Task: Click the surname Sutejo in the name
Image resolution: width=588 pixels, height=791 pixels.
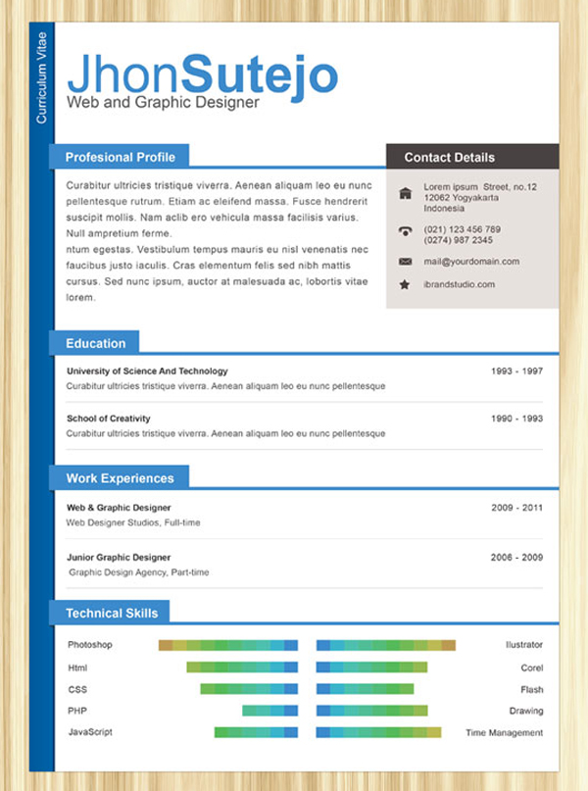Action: (260, 74)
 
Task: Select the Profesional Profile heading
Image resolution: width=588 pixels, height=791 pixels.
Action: (120, 157)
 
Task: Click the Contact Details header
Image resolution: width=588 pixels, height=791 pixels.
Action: (450, 157)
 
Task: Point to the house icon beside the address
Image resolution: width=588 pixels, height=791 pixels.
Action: (405, 193)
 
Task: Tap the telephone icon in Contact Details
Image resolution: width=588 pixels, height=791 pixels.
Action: (405, 232)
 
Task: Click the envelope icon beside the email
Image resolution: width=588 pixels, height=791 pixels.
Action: (405, 262)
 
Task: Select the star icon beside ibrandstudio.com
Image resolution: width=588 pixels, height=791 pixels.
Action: (405, 284)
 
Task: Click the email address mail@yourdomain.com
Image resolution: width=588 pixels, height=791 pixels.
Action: (471, 262)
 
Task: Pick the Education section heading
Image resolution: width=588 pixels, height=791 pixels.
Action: (95, 343)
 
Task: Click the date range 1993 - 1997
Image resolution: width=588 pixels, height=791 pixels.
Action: (516, 371)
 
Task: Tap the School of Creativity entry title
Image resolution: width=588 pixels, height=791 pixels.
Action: (108, 419)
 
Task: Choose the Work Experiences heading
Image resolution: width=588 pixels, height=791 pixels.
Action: (120, 478)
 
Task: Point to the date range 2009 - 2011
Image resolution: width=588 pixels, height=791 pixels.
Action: (516, 508)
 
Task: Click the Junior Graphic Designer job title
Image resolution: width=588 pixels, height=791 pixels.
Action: (118, 557)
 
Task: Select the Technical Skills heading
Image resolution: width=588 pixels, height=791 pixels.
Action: (111, 614)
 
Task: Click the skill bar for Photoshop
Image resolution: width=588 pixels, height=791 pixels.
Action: (227, 645)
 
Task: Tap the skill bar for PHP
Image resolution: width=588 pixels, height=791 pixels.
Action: (269, 711)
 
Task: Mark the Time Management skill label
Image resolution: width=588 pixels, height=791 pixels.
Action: (504, 732)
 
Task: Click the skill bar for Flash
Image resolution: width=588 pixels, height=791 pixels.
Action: (365, 689)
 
